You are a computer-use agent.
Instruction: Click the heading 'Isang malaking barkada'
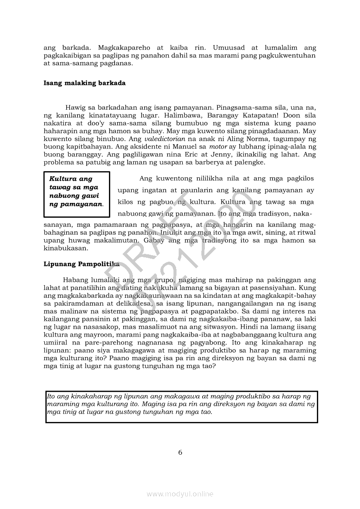(85, 83)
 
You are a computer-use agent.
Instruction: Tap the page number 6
(180, 452)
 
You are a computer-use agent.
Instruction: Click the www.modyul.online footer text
(180, 494)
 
